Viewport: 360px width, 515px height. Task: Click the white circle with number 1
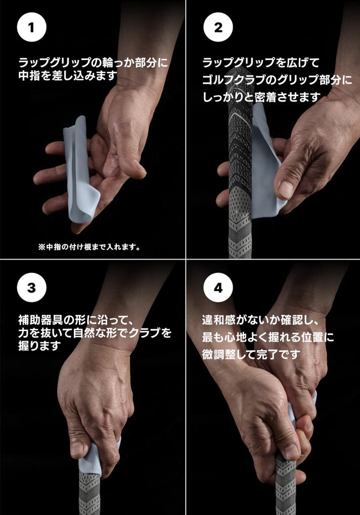[31, 27]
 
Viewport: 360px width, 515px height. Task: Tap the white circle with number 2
[218, 27]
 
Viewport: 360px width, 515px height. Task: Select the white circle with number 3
[31, 288]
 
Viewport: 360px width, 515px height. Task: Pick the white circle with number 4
[218, 288]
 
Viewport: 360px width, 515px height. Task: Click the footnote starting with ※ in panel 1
[89, 247]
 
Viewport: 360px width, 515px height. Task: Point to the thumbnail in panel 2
[286, 190]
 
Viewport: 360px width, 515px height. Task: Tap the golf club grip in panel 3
[89, 494]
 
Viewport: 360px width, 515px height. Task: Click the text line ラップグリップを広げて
[261, 62]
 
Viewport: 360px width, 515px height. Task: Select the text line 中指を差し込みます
[68, 75]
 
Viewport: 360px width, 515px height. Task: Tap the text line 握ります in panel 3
[39, 346]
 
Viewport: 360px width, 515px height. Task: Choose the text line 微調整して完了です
[251, 354]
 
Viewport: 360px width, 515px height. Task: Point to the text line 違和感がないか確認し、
[260, 319]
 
